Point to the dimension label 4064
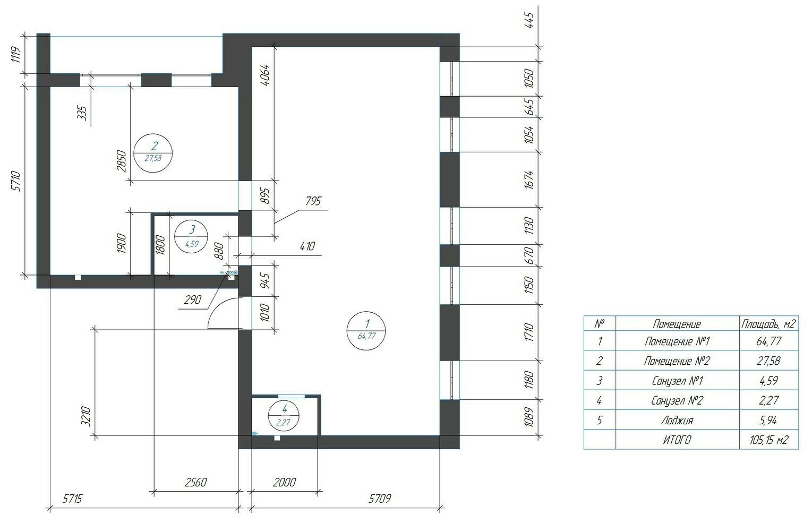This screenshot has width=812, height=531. tap(266, 75)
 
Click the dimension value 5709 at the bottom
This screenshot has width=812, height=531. tap(380, 499)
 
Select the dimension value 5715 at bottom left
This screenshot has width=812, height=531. tap(73, 499)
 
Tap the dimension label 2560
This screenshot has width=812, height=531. tap(196, 483)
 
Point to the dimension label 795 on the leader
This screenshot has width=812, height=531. tap(313, 201)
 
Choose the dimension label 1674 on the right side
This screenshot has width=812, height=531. tap(529, 179)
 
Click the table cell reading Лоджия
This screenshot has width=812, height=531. tap(677, 421)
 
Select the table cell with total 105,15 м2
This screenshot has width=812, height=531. tap(769, 440)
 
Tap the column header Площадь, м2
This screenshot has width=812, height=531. tap(768, 324)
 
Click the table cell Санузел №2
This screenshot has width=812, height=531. tap(677, 400)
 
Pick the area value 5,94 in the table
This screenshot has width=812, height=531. tap(768, 421)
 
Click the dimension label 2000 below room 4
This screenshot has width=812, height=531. tap(284, 483)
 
